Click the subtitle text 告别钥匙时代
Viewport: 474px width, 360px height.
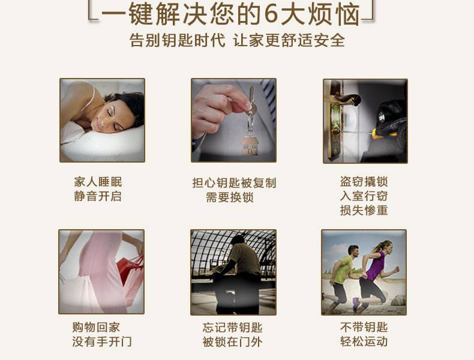178,41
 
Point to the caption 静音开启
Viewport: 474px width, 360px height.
98,196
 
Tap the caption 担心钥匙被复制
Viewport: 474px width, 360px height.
234,183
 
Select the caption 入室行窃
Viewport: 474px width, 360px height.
364,196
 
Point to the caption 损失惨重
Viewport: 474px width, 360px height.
364,210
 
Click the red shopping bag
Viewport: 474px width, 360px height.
128,270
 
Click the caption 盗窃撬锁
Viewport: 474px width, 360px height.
364,182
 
